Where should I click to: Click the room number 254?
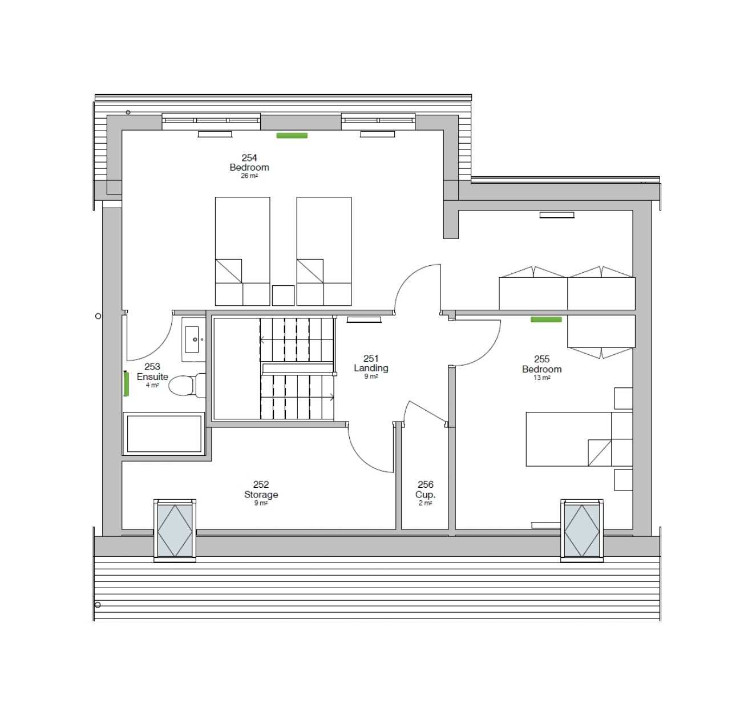[249, 157]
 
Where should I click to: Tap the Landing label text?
[371, 368]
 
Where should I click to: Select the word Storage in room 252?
[261, 494]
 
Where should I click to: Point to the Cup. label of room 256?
[426, 494]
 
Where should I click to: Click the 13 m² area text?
[541, 378]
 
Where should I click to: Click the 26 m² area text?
[249, 176]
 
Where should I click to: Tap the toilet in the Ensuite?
[187, 386]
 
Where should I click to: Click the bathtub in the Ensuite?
[164, 434]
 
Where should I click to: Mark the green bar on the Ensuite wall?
[126, 384]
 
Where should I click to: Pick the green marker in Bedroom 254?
[292, 135]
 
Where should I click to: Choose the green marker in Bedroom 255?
[545, 319]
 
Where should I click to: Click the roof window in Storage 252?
[175, 531]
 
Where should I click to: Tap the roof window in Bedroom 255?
[581, 531]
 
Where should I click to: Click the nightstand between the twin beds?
[283, 296]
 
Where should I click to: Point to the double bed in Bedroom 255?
[579, 439]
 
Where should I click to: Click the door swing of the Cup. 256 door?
[424, 412]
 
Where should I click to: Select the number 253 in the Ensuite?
[152, 366]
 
